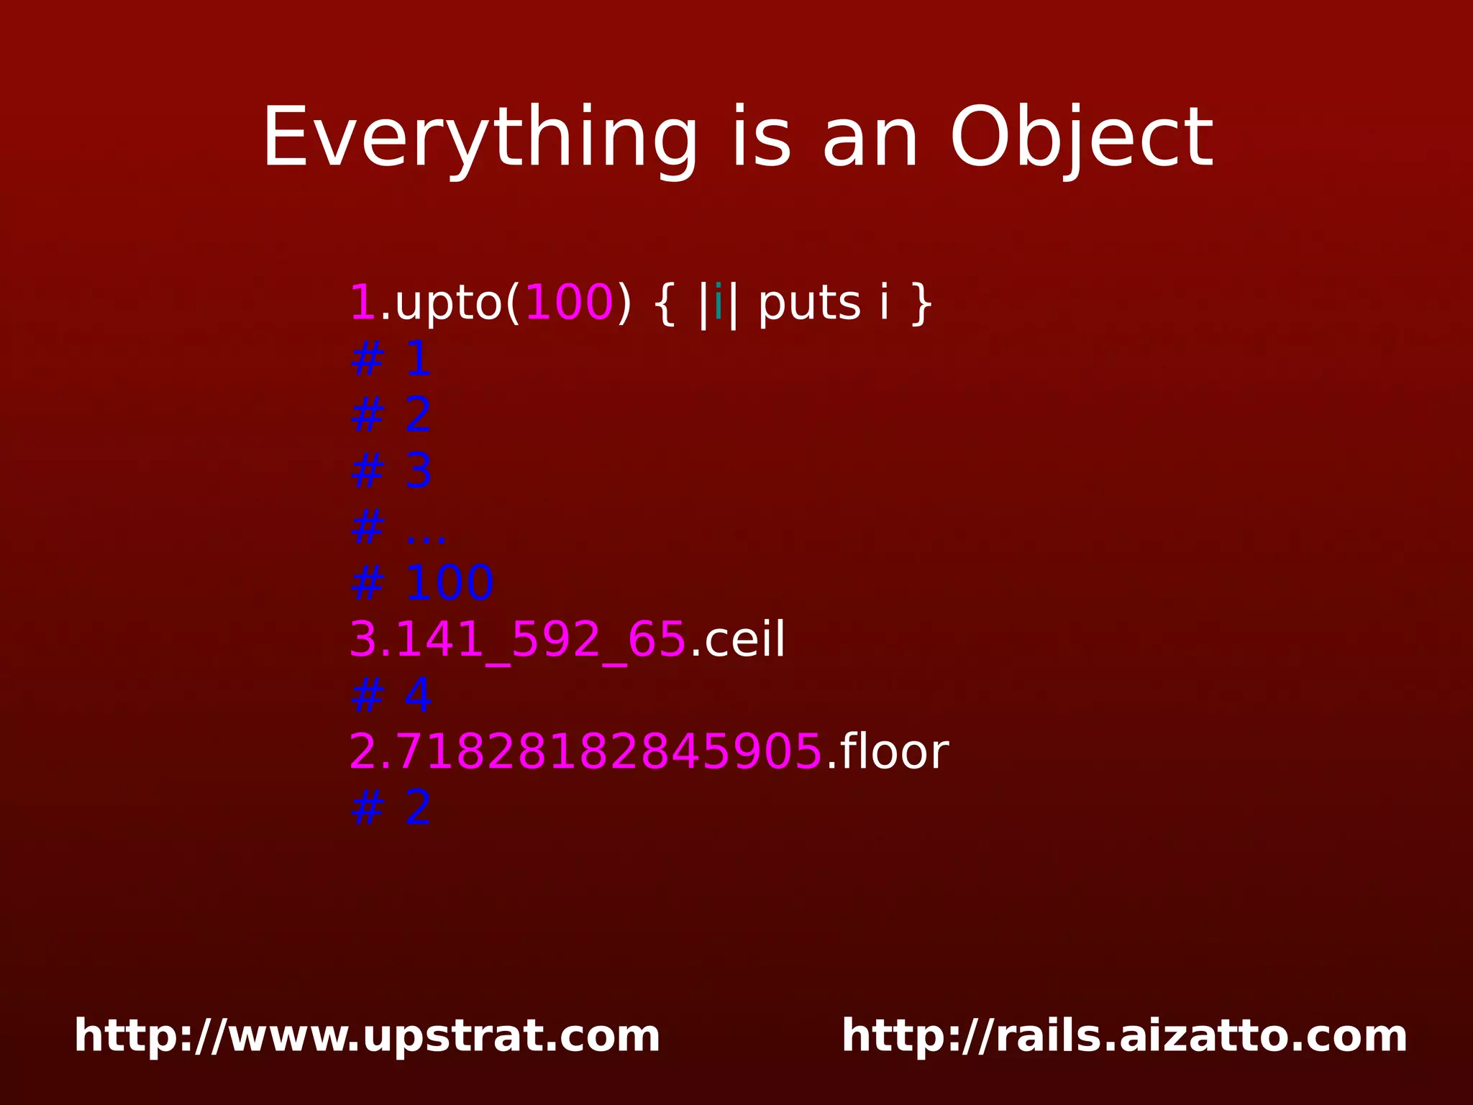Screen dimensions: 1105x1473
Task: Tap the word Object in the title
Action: [1082, 139]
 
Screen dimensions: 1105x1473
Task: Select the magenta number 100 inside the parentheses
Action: [569, 303]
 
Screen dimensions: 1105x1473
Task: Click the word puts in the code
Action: [809, 303]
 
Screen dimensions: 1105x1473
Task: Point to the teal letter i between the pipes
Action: [718, 303]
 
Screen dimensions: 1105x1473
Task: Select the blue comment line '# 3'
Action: [391, 472]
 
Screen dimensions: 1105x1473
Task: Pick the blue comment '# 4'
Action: [391, 695]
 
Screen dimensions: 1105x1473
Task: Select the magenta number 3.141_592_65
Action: [517, 639]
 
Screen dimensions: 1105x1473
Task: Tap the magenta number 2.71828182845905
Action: [585, 752]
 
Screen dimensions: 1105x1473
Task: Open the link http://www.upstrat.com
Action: [367, 1036]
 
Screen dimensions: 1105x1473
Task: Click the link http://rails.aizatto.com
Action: [1124, 1036]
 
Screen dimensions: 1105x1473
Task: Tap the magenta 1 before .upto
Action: [362, 303]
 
